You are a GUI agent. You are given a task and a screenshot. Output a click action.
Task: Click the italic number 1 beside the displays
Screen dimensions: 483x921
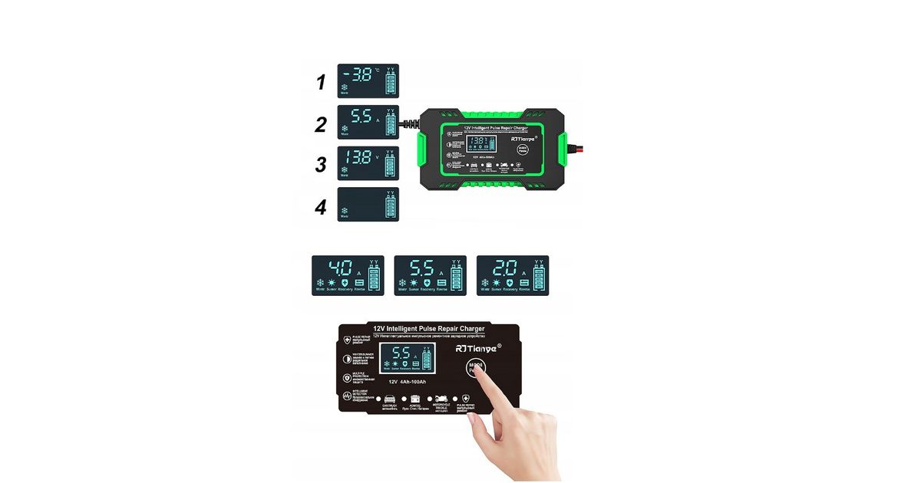point(322,82)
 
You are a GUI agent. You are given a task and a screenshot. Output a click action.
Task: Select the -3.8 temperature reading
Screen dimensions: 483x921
point(359,75)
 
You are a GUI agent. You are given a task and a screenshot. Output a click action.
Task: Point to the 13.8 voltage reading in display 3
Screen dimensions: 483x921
point(358,158)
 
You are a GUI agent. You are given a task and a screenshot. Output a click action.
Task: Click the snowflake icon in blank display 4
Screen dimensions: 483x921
point(345,211)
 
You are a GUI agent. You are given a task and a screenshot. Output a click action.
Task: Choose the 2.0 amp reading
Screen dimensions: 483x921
point(503,269)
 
